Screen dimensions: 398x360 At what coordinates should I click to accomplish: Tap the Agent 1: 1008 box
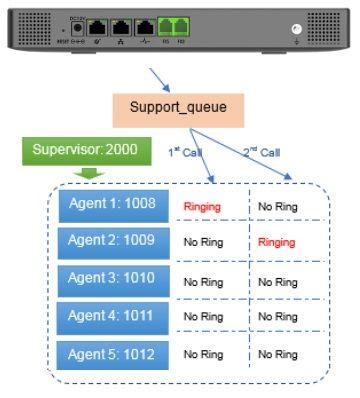(x=111, y=204)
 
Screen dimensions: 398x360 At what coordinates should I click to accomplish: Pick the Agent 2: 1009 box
(x=111, y=241)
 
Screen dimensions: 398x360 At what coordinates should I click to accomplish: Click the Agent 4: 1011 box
(x=111, y=316)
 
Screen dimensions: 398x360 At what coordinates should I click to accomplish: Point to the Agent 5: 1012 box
(x=111, y=353)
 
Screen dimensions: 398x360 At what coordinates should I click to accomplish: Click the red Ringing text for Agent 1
(x=202, y=208)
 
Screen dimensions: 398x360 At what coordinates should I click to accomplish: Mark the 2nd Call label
(x=262, y=151)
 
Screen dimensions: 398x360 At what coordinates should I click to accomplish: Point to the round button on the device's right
(x=295, y=31)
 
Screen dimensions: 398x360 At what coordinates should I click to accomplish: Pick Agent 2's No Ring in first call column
(x=203, y=243)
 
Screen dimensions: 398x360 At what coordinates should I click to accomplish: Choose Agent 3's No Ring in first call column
(x=203, y=282)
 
